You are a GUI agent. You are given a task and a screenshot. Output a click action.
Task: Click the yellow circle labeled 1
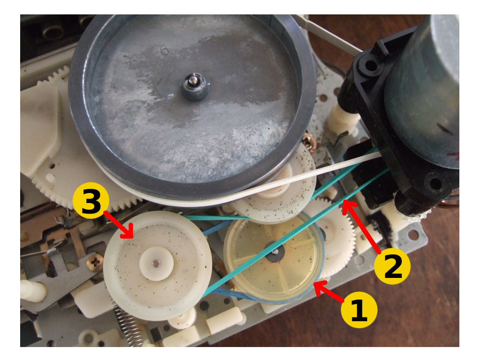pyautogui.click(x=359, y=310)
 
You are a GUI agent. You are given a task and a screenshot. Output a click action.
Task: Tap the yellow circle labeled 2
pyautogui.click(x=392, y=266)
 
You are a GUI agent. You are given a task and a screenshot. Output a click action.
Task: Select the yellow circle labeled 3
pyautogui.click(x=91, y=201)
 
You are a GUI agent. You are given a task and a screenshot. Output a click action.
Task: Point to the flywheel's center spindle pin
pyautogui.click(x=192, y=80)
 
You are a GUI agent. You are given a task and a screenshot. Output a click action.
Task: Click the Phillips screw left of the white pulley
pyautogui.click(x=96, y=262)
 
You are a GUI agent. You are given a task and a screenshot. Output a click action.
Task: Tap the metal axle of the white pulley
pyautogui.click(x=156, y=263)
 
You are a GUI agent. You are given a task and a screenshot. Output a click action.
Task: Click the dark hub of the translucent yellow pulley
pyautogui.click(x=275, y=252)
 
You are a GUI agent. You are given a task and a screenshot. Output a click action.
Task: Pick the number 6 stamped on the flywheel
pyautogui.click(x=164, y=50)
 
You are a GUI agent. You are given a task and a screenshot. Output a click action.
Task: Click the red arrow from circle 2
pyautogui.click(x=361, y=227)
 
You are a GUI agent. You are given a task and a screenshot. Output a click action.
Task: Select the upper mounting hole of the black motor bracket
pyautogui.click(x=371, y=65)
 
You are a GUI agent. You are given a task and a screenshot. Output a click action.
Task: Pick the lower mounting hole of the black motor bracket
pyautogui.click(x=435, y=183)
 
